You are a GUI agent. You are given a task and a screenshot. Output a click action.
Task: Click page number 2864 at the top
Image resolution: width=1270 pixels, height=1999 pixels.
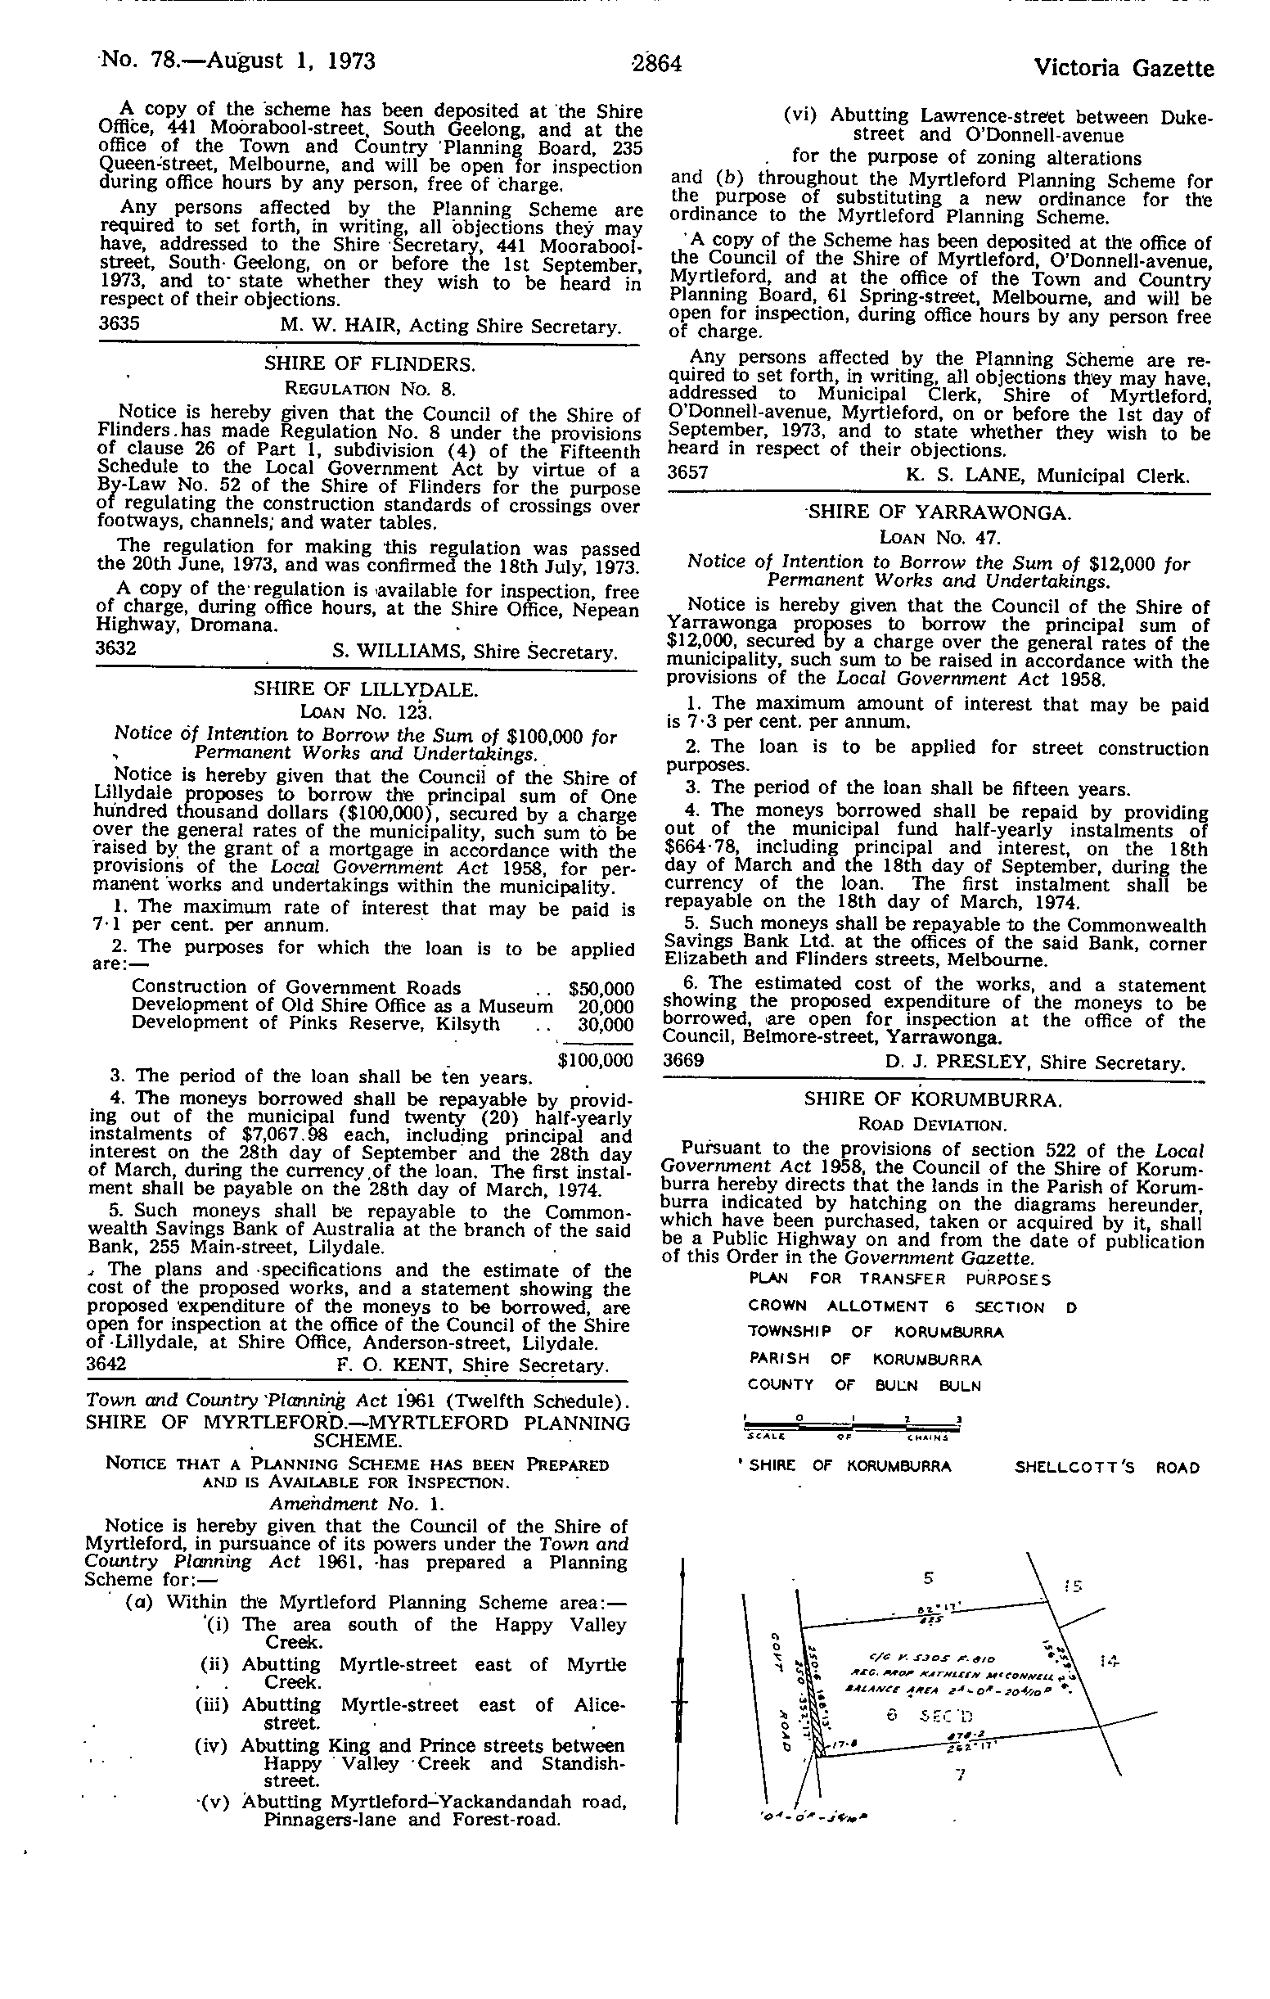pos(655,63)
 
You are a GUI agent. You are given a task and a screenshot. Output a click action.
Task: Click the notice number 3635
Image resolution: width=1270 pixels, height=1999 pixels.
pos(119,324)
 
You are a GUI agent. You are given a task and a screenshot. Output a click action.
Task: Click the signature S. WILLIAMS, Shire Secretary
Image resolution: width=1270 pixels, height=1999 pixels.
pos(475,652)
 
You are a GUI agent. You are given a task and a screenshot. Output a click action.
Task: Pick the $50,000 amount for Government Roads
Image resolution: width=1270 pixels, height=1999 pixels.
pos(601,989)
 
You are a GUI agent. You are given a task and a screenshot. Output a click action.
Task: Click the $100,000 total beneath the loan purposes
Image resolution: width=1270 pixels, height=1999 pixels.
pos(595,1060)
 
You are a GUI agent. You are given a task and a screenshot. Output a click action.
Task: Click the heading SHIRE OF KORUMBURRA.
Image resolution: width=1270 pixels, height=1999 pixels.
pos(933,1100)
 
